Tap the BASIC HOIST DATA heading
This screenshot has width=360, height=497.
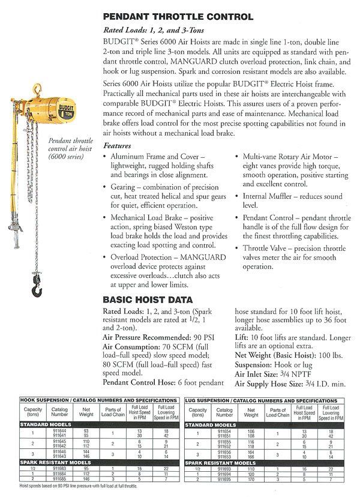click(148, 299)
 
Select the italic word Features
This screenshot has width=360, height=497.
click(119, 146)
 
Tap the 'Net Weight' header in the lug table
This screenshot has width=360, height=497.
click(251, 412)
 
